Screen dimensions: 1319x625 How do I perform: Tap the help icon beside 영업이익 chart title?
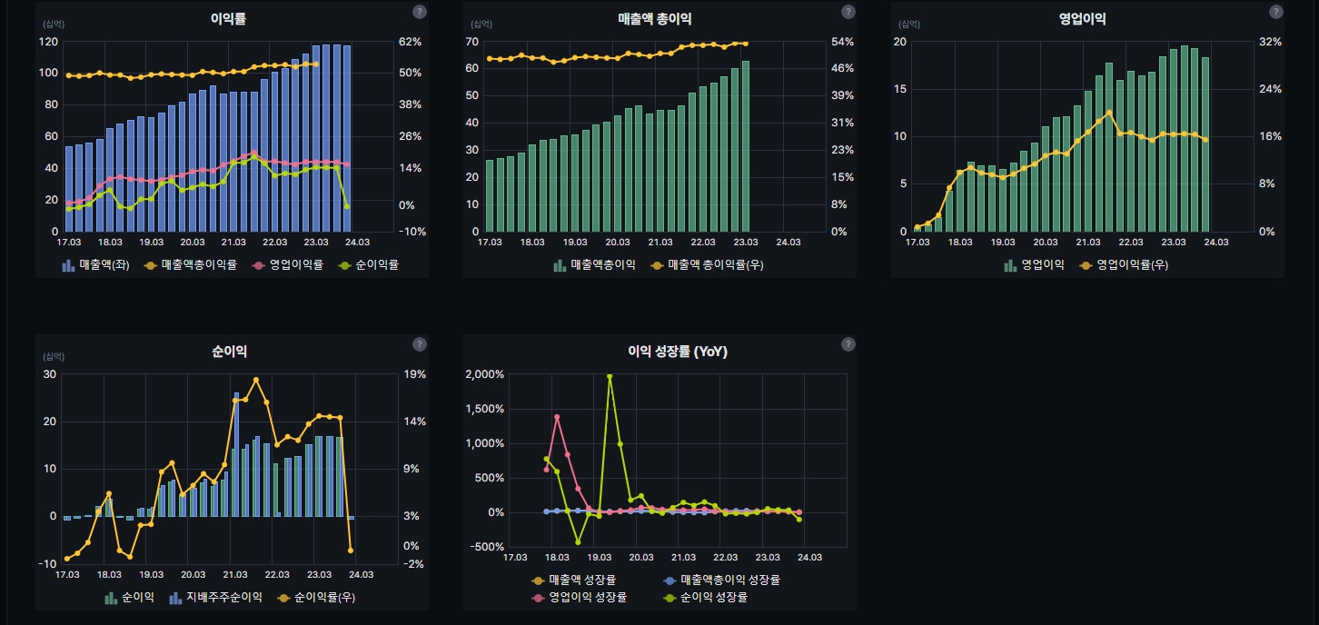click(x=1276, y=12)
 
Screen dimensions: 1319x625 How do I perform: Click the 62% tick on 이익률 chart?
click(x=411, y=42)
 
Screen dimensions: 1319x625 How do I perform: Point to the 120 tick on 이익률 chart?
click(x=48, y=42)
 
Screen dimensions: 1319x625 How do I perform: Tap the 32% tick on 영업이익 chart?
click(x=1270, y=42)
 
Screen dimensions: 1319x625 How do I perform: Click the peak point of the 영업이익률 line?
click(x=1109, y=113)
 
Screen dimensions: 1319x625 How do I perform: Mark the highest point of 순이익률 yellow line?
click(x=256, y=380)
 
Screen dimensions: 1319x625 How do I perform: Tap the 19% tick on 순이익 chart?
click(x=414, y=374)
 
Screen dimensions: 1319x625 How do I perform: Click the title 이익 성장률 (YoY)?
click(x=678, y=352)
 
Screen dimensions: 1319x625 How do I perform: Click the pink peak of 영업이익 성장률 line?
click(x=557, y=417)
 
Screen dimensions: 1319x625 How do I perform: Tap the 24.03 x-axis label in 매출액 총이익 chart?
click(x=788, y=243)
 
